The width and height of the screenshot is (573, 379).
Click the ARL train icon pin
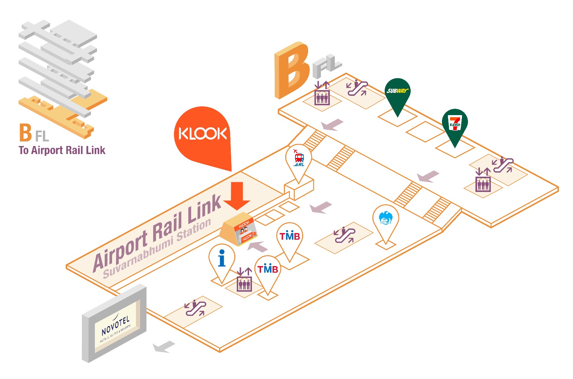(x=299, y=159)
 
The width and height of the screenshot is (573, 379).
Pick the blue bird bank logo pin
(x=385, y=219)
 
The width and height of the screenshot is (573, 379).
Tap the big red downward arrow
(x=237, y=195)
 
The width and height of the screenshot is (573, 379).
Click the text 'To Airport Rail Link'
(x=62, y=151)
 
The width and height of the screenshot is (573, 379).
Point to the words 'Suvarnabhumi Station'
(x=157, y=248)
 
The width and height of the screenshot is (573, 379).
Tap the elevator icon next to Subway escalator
(x=322, y=94)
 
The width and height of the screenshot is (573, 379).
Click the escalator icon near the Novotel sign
(x=195, y=308)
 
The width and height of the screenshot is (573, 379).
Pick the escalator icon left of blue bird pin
(x=345, y=235)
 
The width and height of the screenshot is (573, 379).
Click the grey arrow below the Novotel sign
(x=164, y=347)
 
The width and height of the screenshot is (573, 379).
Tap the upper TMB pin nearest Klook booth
(x=289, y=237)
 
